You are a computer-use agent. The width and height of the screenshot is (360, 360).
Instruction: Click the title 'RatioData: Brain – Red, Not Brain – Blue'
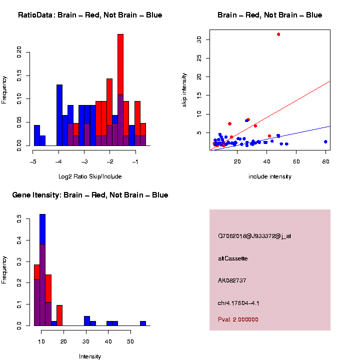click(90, 15)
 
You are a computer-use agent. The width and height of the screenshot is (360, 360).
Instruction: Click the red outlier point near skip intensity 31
click(278, 34)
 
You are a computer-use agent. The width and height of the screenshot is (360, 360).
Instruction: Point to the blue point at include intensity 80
click(325, 141)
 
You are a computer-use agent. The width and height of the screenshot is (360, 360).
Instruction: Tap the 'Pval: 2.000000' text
click(238, 319)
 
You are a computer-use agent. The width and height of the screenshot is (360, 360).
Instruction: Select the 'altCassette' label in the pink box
click(233, 258)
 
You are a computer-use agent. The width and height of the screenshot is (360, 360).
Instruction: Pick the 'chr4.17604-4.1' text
click(238, 303)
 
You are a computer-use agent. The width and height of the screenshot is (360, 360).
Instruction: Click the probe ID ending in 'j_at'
click(254, 236)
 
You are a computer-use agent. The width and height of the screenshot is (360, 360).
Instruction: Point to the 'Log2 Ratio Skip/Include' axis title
click(90, 176)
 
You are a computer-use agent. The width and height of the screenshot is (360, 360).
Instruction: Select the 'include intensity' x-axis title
click(270, 176)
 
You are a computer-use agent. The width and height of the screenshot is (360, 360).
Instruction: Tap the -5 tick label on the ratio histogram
click(33, 162)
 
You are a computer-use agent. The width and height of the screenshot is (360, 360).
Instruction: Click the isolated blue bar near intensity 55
click(143, 323)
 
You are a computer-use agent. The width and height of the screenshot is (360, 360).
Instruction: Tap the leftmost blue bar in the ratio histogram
click(36, 135)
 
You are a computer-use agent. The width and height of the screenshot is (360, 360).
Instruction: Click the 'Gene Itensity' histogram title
click(90, 195)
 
